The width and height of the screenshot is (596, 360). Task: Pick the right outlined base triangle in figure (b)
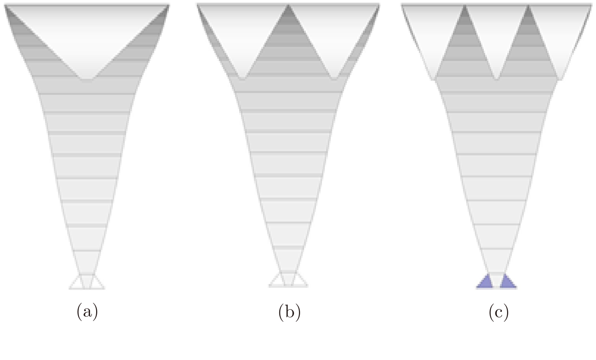[299, 281]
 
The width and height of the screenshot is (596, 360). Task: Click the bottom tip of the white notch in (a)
[87, 79]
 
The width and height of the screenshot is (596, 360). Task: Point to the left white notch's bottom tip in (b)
[243, 79]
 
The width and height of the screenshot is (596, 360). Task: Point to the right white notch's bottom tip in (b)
[334, 79]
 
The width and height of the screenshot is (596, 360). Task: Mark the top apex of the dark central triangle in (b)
[288, 5]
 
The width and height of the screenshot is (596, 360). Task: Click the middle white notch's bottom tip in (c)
[496, 79]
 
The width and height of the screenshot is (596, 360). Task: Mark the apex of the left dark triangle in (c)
[465, 5]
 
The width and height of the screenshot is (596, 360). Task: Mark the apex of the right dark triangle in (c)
[528, 5]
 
